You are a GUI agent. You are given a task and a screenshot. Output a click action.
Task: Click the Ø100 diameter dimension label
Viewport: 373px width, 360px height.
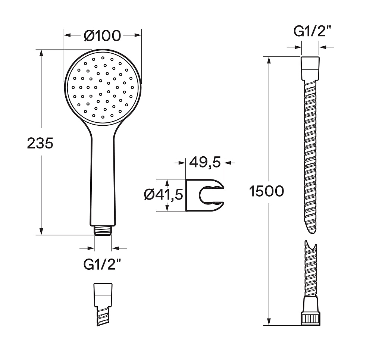[103, 36]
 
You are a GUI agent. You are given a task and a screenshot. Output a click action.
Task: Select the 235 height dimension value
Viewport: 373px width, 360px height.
[40, 143]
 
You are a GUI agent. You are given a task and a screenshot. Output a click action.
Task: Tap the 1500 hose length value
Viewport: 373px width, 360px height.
[267, 191]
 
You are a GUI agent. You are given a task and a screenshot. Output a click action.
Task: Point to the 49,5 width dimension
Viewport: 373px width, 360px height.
[205, 162]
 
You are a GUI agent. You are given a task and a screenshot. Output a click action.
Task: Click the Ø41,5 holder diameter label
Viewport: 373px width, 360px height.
[164, 194]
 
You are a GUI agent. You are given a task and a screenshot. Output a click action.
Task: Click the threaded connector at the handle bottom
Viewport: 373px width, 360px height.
[103, 230]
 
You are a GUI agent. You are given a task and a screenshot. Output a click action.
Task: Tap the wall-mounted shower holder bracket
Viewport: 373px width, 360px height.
[205, 195]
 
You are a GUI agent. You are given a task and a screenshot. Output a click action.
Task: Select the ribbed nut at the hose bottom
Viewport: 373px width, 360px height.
[310, 319]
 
